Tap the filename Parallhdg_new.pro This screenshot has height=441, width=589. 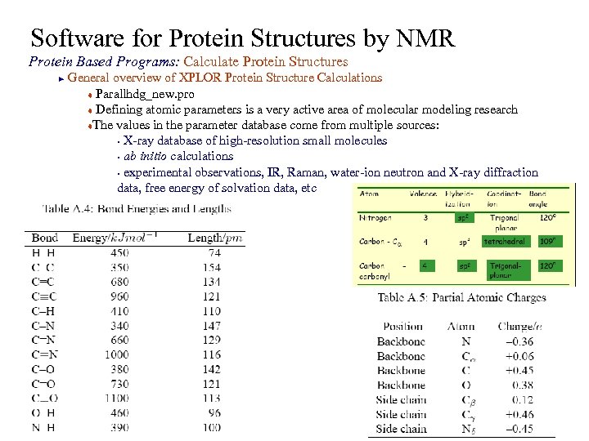pyautogui.click(x=145, y=94)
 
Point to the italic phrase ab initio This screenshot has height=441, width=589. pyautogui.click(x=151, y=156)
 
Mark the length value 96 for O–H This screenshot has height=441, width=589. pyautogui.click(x=214, y=413)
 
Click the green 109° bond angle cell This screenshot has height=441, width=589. pyautogui.click(x=546, y=242)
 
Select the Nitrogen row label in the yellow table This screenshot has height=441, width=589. pyautogui.click(x=375, y=218)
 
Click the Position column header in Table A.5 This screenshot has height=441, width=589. pyautogui.click(x=402, y=327)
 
